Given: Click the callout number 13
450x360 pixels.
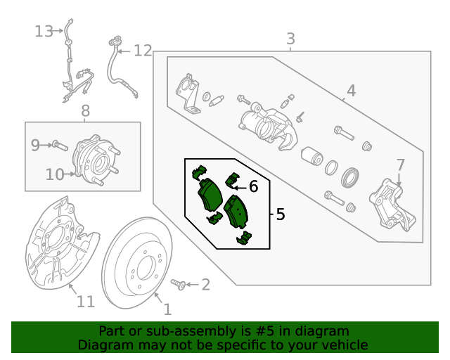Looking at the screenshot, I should pyautogui.click(x=44, y=31).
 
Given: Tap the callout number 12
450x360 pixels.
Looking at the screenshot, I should pyautogui.click(x=143, y=51).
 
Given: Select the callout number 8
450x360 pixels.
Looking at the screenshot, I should pyautogui.click(x=85, y=110).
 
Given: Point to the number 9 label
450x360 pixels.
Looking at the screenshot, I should pyautogui.click(x=35, y=145).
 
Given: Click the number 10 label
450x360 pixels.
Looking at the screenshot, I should pyautogui.click(x=55, y=174).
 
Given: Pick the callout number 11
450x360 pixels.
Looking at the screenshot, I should pyautogui.click(x=85, y=302).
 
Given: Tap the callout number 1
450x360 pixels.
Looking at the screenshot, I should pyautogui.click(x=167, y=309).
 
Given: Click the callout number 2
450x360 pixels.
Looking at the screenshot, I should pyautogui.click(x=205, y=284).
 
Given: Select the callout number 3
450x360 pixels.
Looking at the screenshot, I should pyautogui.click(x=290, y=39).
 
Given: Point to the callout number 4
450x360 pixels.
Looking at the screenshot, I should pyautogui.click(x=351, y=90).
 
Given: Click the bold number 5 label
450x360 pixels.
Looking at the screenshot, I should pyautogui.click(x=280, y=214).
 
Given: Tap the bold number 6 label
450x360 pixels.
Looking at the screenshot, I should pyautogui.click(x=253, y=186).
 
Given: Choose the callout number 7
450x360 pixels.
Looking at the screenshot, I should pyautogui.click(x=400, y=165).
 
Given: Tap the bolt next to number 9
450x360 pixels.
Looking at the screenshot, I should pyautogui.click(x=58, y=146).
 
